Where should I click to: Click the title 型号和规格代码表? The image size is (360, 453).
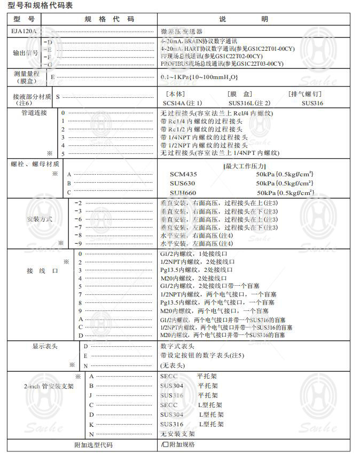click(40, 5)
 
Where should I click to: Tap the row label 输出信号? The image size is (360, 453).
click(26, 53)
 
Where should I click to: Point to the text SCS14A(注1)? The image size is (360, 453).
click(183, 103)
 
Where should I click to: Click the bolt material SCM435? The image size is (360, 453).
click(184, 174)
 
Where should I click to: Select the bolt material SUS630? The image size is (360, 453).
click(183, 183)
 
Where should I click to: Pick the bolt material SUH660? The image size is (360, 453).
click(183, 192)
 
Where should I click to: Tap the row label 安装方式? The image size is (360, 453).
click(40, 220)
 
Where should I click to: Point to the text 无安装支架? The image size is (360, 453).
click(178, 434)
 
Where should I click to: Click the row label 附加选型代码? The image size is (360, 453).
click(93, 444)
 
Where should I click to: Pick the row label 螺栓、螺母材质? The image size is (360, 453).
click(35, 164)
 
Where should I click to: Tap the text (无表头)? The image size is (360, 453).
click(173, 365)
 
